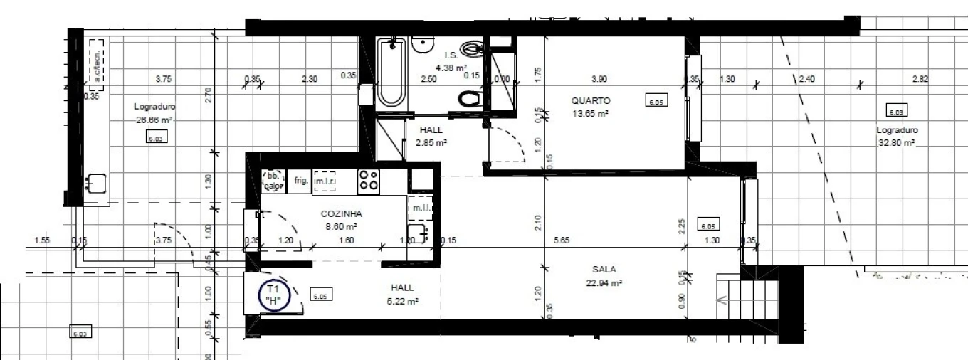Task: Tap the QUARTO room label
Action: [x=591, y=101]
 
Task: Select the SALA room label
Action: [x=604, y=270]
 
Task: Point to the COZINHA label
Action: [x=342, y=213]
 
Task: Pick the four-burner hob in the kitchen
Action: [x=369, y=180]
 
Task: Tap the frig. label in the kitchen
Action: [x=300, y=181]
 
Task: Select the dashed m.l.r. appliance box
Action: [x=325, y=181]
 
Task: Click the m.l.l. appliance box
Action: [x=418, y=207]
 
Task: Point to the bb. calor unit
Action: [x=272, y=181]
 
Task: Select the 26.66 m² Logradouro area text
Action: [x=154, y=120]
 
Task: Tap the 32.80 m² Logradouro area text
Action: [x=897, y=142]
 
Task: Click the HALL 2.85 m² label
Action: [x=431, y=137]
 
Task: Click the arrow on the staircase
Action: [x=723, y=300]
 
